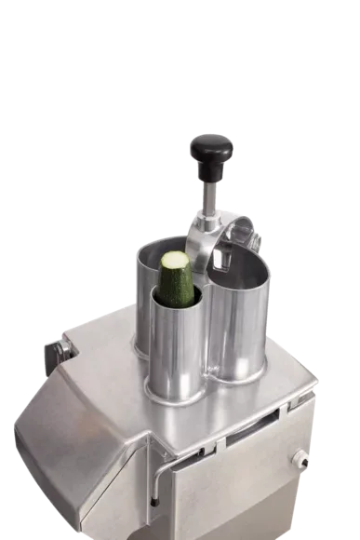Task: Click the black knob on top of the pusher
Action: point(212,148)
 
